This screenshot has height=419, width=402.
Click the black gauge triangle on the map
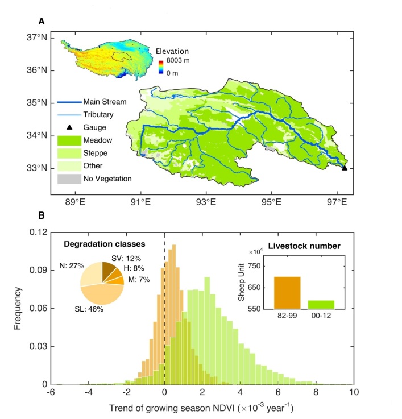tap(345, 168)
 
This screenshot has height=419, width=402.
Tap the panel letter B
tap(42, 217)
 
